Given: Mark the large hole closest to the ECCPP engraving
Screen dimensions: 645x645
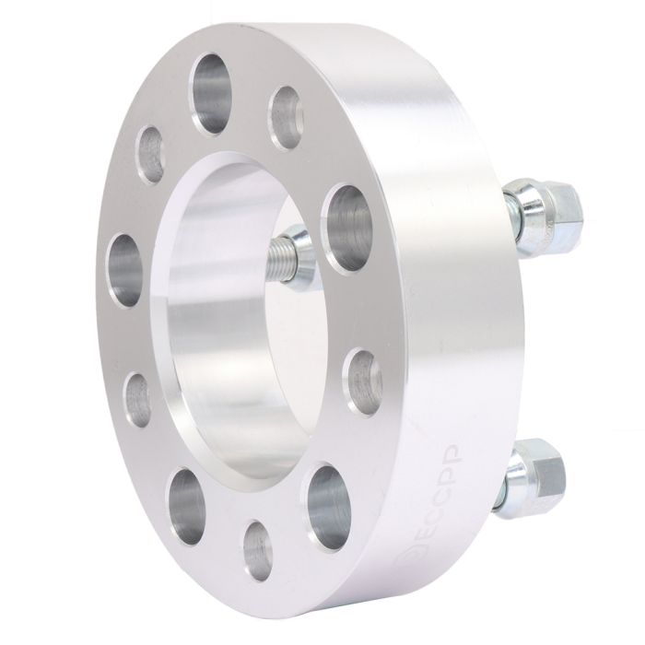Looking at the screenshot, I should tap(327, 503).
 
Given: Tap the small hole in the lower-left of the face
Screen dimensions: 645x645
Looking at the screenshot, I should tap(139, 393).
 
